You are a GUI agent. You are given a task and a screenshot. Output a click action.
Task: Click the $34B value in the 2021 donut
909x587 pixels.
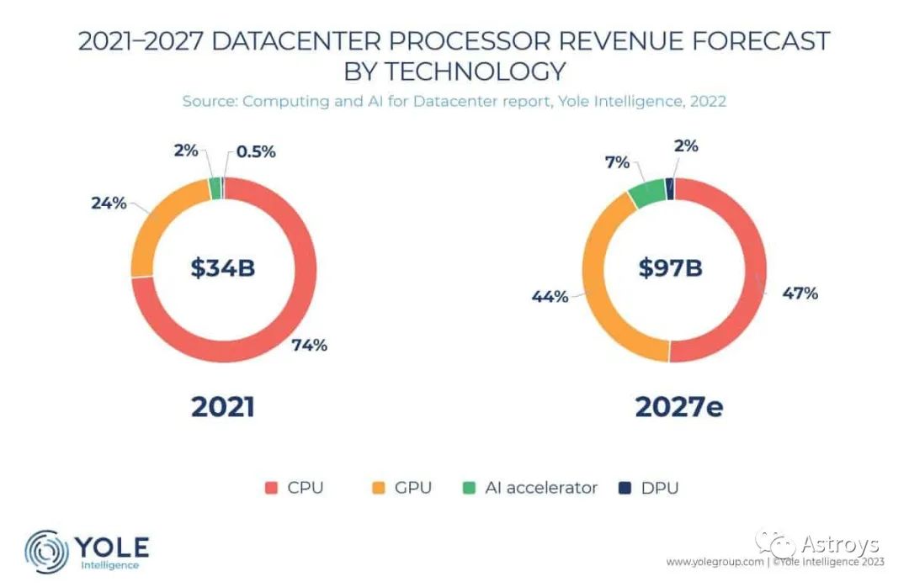222,268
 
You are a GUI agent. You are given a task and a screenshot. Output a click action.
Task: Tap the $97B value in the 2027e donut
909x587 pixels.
669,268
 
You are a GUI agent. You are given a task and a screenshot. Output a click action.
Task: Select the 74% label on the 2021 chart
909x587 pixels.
309,345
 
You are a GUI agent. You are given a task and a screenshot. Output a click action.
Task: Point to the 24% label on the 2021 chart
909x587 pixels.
109,203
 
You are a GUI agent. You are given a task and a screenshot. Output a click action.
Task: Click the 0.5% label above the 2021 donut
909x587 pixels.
256,152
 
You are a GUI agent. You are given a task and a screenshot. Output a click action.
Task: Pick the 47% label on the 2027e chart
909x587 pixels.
800,293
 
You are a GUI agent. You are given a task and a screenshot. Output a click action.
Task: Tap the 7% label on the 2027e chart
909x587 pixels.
617,162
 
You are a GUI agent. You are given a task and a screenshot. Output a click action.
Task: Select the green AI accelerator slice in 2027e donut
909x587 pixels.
646,193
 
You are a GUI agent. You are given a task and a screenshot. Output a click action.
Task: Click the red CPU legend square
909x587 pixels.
270,488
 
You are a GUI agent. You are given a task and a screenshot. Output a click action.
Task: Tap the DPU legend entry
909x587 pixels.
650,488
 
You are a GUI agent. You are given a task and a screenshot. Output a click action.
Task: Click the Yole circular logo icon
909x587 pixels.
46,551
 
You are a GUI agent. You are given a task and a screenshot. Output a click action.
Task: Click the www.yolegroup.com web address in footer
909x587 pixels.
715,561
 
